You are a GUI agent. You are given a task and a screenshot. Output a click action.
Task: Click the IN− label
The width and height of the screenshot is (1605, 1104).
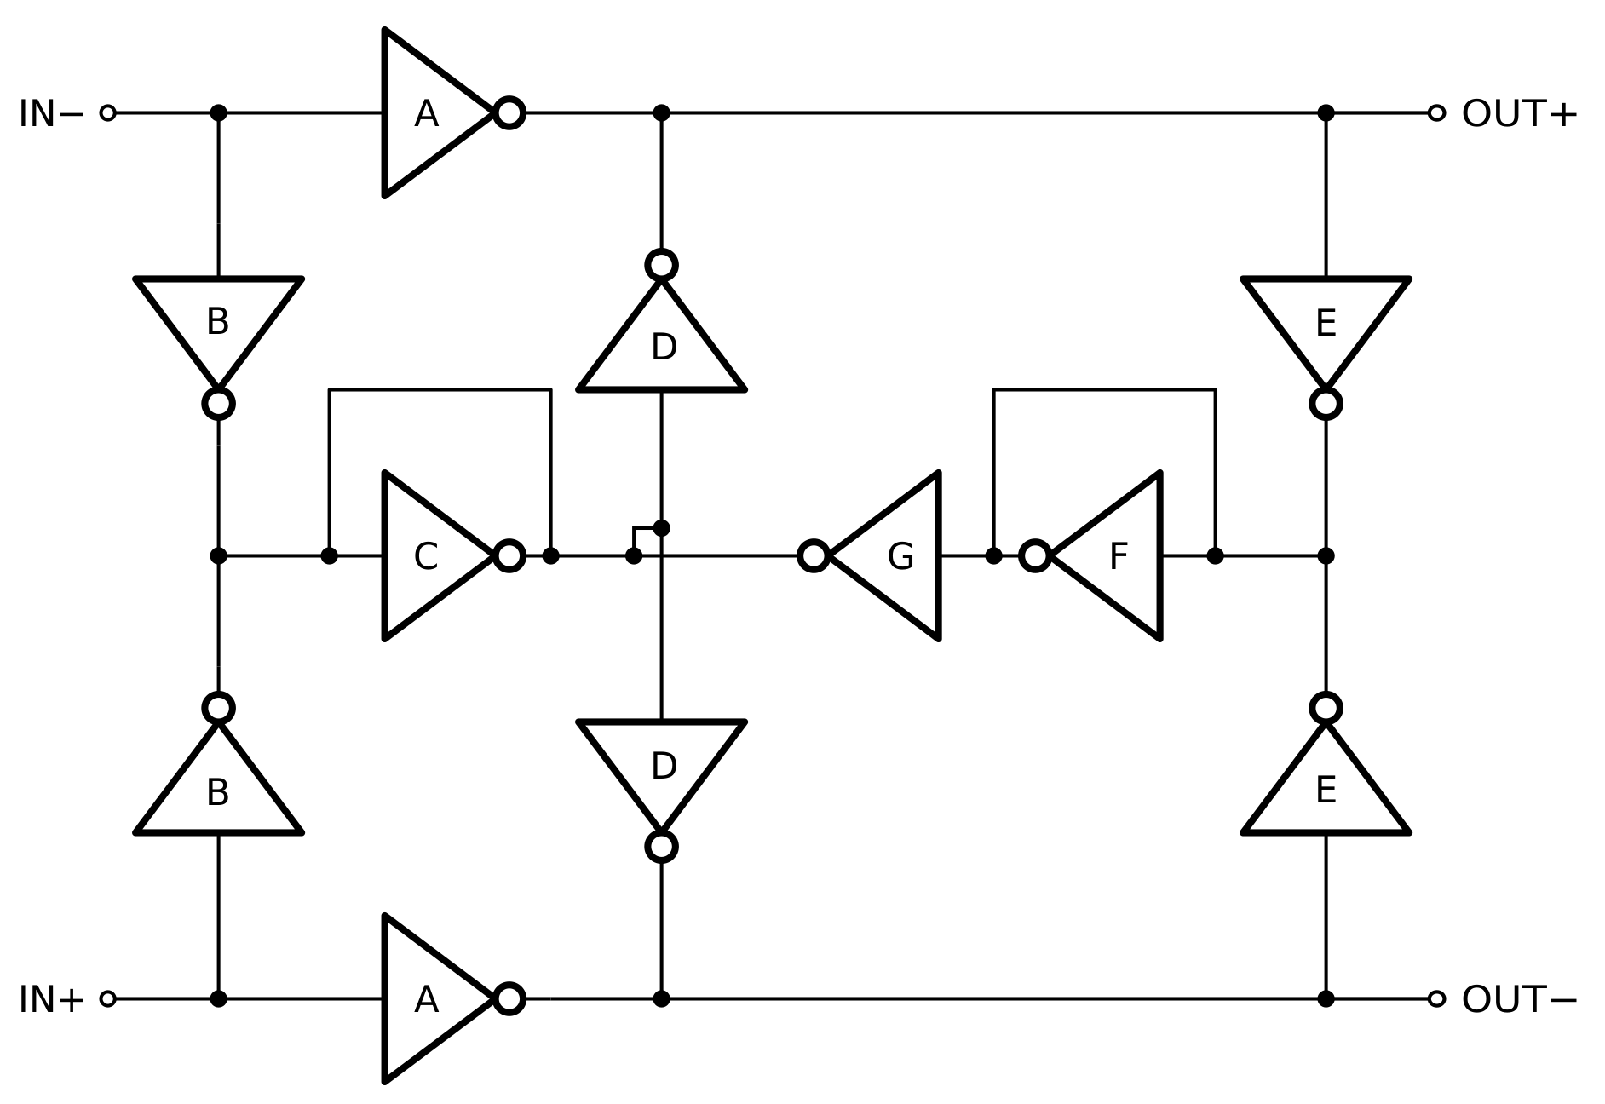pyautogui.click(x=51, y=113)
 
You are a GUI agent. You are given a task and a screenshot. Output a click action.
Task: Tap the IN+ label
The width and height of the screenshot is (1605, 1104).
pyautogui.click(x=51, y=999)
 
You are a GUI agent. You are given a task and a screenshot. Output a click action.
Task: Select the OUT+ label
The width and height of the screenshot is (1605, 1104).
pyautogui.click(x=1519, y=113)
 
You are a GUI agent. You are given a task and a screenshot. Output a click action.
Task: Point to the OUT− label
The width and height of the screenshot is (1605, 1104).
pyautogui.click(x=1519, y=999)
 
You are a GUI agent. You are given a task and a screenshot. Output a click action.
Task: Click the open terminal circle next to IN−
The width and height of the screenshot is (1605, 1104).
pyautogui.click(x=107, y=112)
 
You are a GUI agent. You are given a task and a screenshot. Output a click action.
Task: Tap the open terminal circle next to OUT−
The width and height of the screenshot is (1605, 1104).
pyautogui.click(x=1436, y=998)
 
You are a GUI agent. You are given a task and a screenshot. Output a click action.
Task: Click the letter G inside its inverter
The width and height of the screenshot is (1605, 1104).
pyautogui.click(x=900, y=557)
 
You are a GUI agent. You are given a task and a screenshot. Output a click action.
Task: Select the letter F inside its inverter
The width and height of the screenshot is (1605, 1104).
pyautogui.click(x=1118, y=557)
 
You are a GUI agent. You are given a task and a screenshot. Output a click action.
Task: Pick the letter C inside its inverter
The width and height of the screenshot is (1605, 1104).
pyautogui.click(x=425, y=557)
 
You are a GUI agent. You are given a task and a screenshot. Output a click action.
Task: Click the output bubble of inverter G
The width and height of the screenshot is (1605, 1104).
pyautogui.click(x=814, y=556)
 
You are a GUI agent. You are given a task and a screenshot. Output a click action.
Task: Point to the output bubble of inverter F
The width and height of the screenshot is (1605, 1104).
pyautogui.click(x=1035, y=556)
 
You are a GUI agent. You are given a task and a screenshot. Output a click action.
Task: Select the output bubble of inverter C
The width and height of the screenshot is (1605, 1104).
pyautogui.click(x=509, y=556)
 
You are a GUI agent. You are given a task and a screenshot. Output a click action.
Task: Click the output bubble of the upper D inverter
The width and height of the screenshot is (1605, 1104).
pyautogui.click(x=662, y=265)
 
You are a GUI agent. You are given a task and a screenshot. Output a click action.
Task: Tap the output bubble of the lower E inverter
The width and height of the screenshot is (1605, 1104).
pyautogui.click(x=1326, y=708)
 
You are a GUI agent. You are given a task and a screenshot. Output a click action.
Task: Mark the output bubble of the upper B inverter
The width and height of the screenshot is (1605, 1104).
pyautogui.click(x=219, y=404)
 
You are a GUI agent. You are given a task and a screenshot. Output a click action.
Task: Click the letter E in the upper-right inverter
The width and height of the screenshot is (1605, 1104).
pyautogui.click(x=1326, y=323)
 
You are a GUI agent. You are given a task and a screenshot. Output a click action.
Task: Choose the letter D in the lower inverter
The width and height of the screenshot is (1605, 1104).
pyautogui.click(x=664, y=767)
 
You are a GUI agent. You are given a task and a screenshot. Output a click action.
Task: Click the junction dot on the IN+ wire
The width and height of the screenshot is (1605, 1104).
pyautogui.click(x=219, y=998)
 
